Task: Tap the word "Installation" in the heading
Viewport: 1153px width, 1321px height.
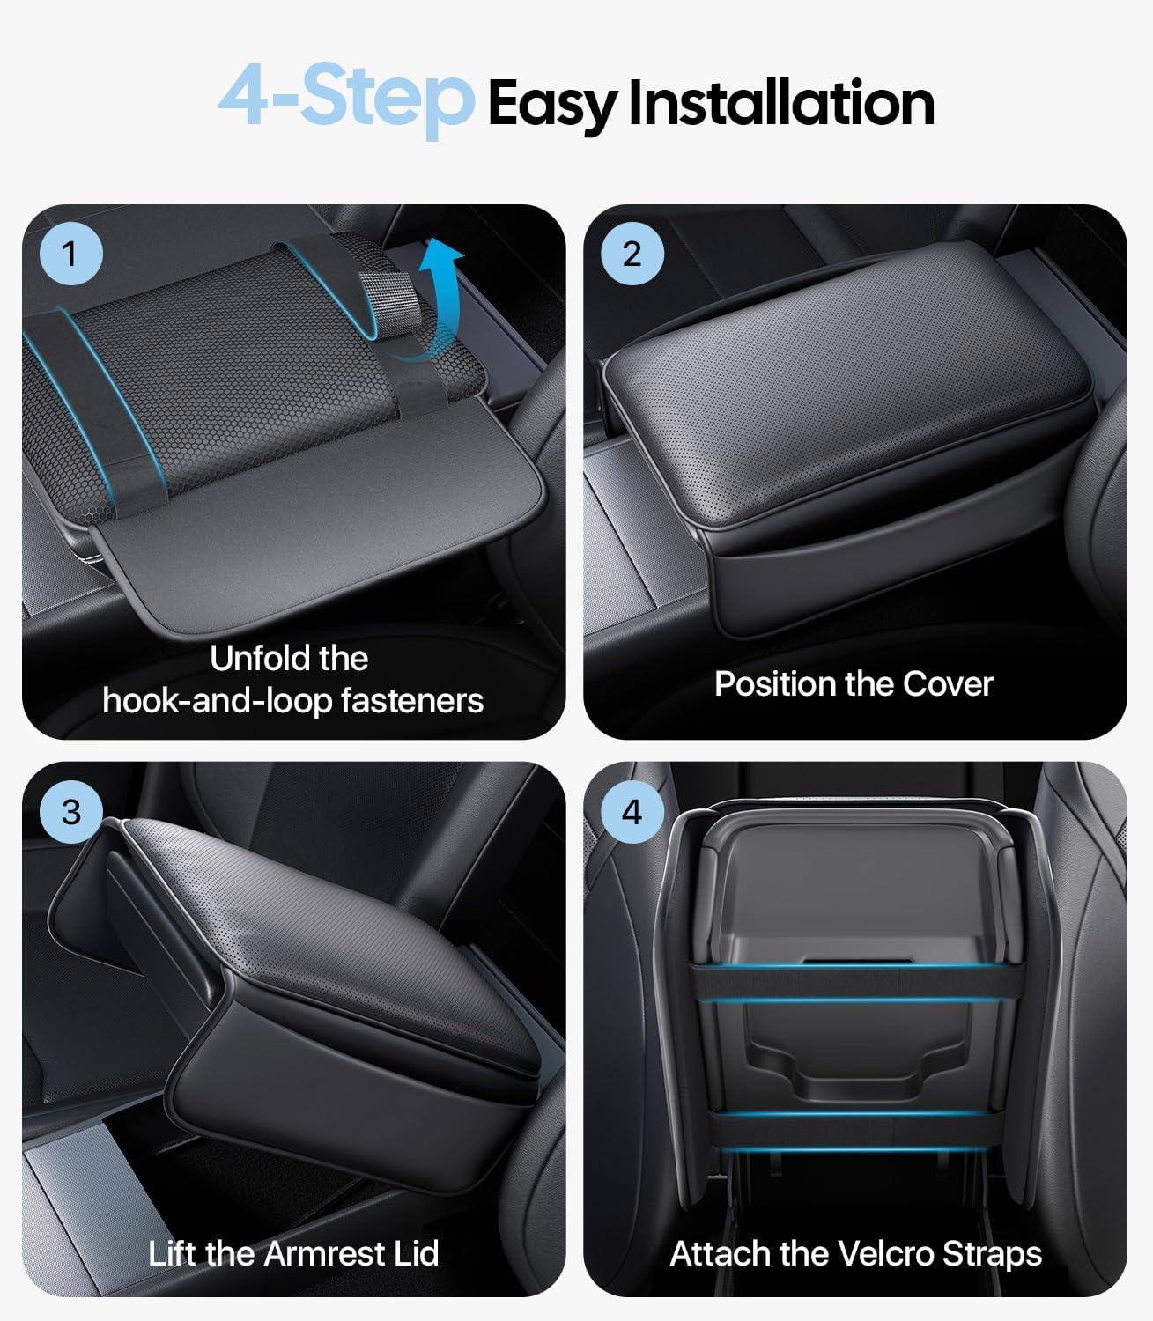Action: pos(780,103)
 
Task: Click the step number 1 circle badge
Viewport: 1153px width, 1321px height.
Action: pos(70,255)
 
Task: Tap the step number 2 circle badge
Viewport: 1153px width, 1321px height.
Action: pos(632,255)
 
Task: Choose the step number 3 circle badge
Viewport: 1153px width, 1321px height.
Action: pos(70,811)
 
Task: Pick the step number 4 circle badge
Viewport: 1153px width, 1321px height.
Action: pos(632,811)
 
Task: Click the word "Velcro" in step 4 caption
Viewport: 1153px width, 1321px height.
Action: pos(885,1253)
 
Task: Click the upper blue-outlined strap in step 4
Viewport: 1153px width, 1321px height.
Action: pos(854,982)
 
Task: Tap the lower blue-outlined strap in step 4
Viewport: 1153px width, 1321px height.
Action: pos(854,1131)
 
